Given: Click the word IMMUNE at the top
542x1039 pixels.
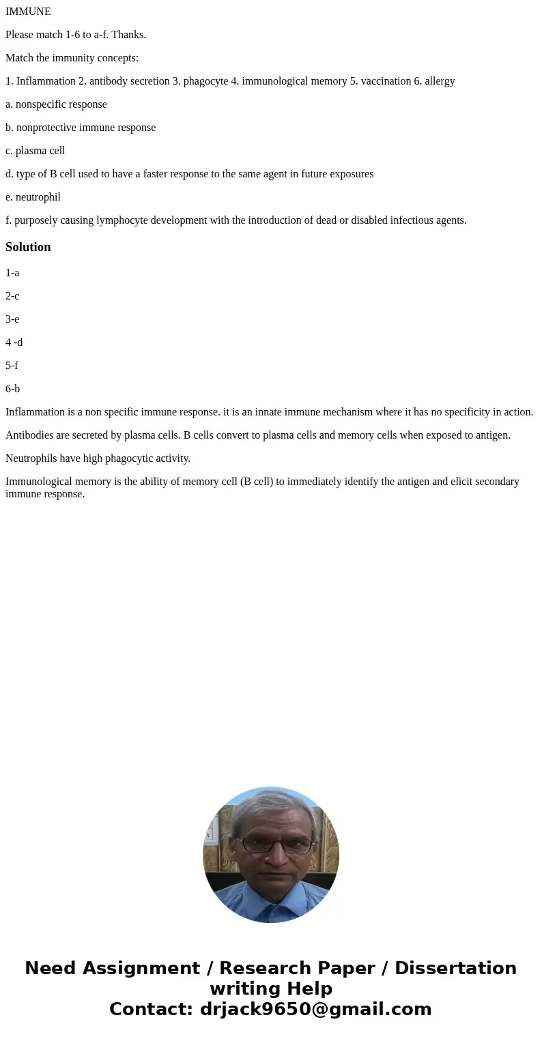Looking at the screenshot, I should click(28, 12).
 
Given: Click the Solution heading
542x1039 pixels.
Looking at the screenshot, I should click(28, 247).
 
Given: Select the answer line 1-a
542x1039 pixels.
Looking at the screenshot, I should click(12, 273).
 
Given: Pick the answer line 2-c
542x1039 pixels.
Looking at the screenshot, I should click(12, 296).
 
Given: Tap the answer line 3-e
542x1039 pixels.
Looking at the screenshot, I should click(12, 319).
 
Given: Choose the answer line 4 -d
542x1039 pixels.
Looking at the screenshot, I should click(14, 342).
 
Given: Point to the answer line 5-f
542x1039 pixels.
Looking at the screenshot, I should click(12, 366).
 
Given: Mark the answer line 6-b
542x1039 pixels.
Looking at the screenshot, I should click(12, 389).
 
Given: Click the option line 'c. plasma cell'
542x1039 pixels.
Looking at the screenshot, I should click(35, 151).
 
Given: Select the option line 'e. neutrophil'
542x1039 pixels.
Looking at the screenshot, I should click(33, 197).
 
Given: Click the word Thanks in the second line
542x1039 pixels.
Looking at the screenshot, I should click(129, 35).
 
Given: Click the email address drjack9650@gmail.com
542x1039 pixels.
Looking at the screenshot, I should click(316, 1009).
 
